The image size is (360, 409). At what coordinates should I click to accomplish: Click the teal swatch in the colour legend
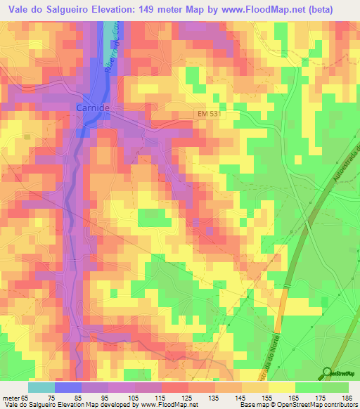[x=41, y=388]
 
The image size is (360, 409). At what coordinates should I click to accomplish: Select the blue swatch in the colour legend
[x=68, y=388]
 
